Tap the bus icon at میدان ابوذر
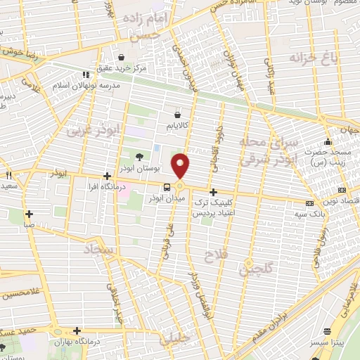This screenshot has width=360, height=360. coord(167,187)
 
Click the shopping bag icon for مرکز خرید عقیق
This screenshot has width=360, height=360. coord(122,58)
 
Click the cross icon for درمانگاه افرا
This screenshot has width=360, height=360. coord(106,176)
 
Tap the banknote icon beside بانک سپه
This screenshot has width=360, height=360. coord(311,200)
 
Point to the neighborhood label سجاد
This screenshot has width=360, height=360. coord(102,250)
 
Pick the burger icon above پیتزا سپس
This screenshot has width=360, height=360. coord(326,331)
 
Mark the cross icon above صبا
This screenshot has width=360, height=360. coord(29,214)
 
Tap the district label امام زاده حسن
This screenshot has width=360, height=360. coord(146,23)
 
